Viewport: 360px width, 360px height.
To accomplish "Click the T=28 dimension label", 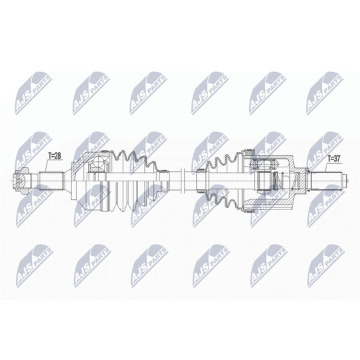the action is click(55, 156).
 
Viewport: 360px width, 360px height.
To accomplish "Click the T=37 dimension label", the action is click(334, 159).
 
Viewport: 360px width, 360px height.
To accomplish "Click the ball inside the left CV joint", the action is click(99, 162).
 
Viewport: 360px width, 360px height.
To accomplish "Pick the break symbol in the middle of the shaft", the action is click(183, 181).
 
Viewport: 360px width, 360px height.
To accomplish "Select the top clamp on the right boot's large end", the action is click(249, 153).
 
